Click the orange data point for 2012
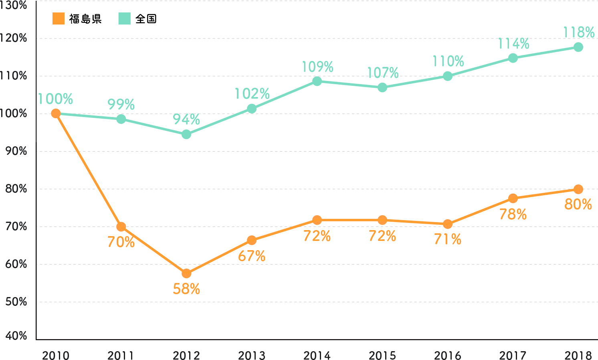186,274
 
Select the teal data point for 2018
578,47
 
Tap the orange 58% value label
186,289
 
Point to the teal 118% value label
578,32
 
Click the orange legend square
59,19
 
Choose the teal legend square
125,19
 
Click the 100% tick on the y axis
16,113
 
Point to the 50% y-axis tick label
16,301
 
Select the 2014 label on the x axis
317,355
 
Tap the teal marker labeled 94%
186,135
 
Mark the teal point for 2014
317,81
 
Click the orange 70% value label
121,242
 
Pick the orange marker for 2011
121,227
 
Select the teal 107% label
383,73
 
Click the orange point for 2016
448,224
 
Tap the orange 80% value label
578,204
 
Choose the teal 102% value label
252,94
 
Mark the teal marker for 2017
513,58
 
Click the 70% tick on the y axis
16,227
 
